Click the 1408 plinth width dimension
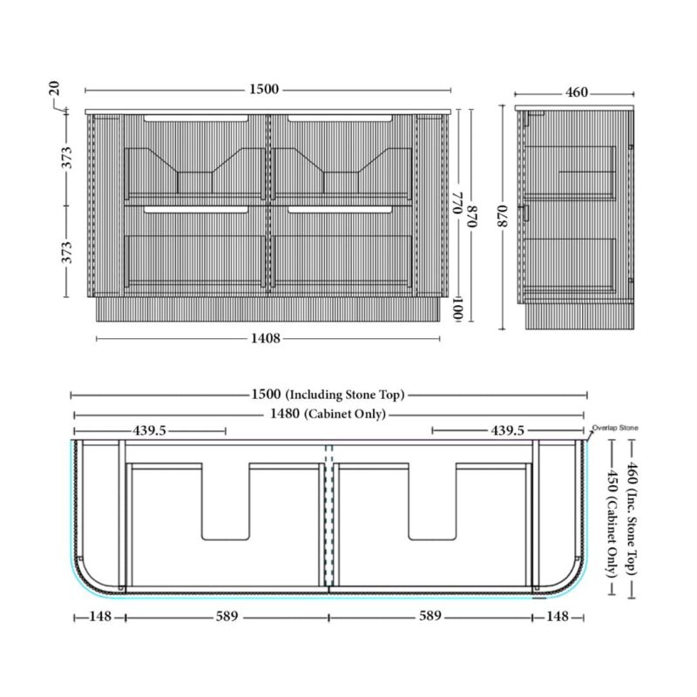266,338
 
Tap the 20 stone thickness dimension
54,89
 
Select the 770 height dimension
458,203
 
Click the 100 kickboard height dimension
458,309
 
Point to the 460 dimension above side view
577,92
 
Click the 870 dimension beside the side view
503,216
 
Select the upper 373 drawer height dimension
66,158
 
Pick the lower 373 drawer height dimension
66,252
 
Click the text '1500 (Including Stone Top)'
328,395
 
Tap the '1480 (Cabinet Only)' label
328,415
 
